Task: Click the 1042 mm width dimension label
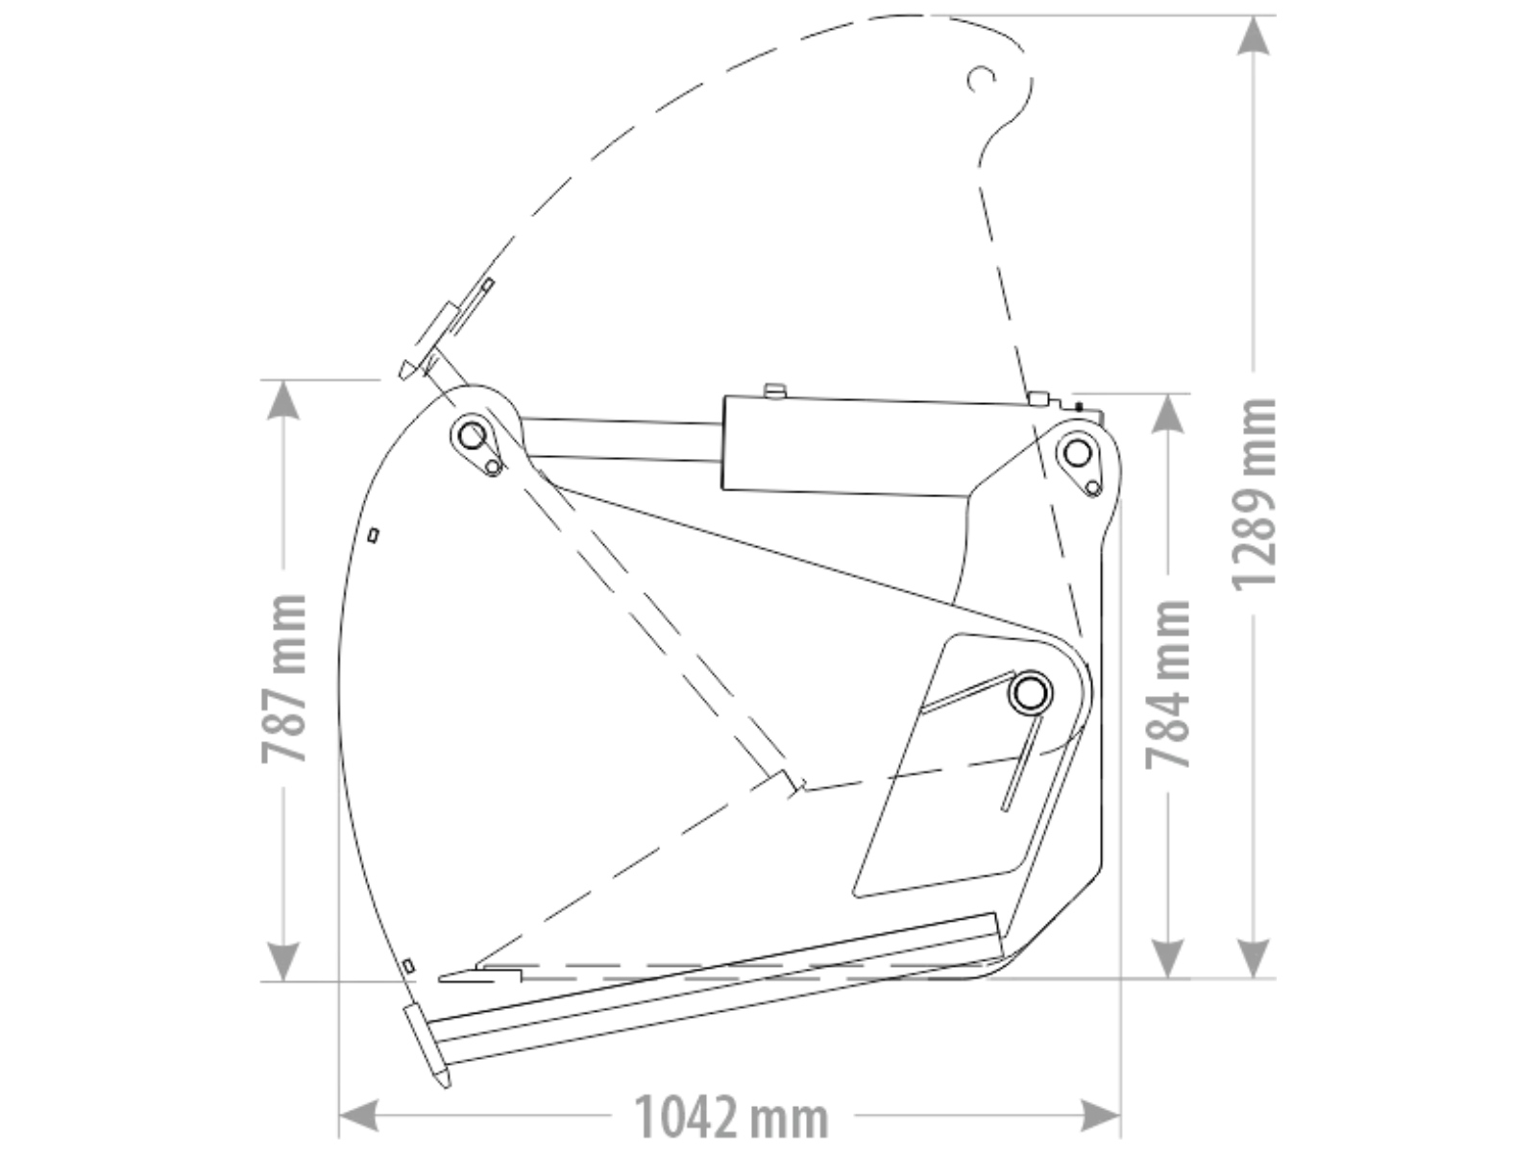[x=730, y=1117]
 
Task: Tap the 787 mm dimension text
[x=284, y=678]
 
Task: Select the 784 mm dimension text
[x=1168, y=684]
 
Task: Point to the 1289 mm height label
[x=1255, y=494]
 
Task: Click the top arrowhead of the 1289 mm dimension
[x=1254, y=35]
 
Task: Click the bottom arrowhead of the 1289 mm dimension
[x=1254, y=958]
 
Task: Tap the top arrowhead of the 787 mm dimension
[x=283, y=400]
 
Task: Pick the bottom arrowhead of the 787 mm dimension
[x=283, y=962]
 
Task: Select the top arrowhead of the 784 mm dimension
[x=1168, y=414]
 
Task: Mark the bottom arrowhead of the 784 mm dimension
[x=1168, y=958]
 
